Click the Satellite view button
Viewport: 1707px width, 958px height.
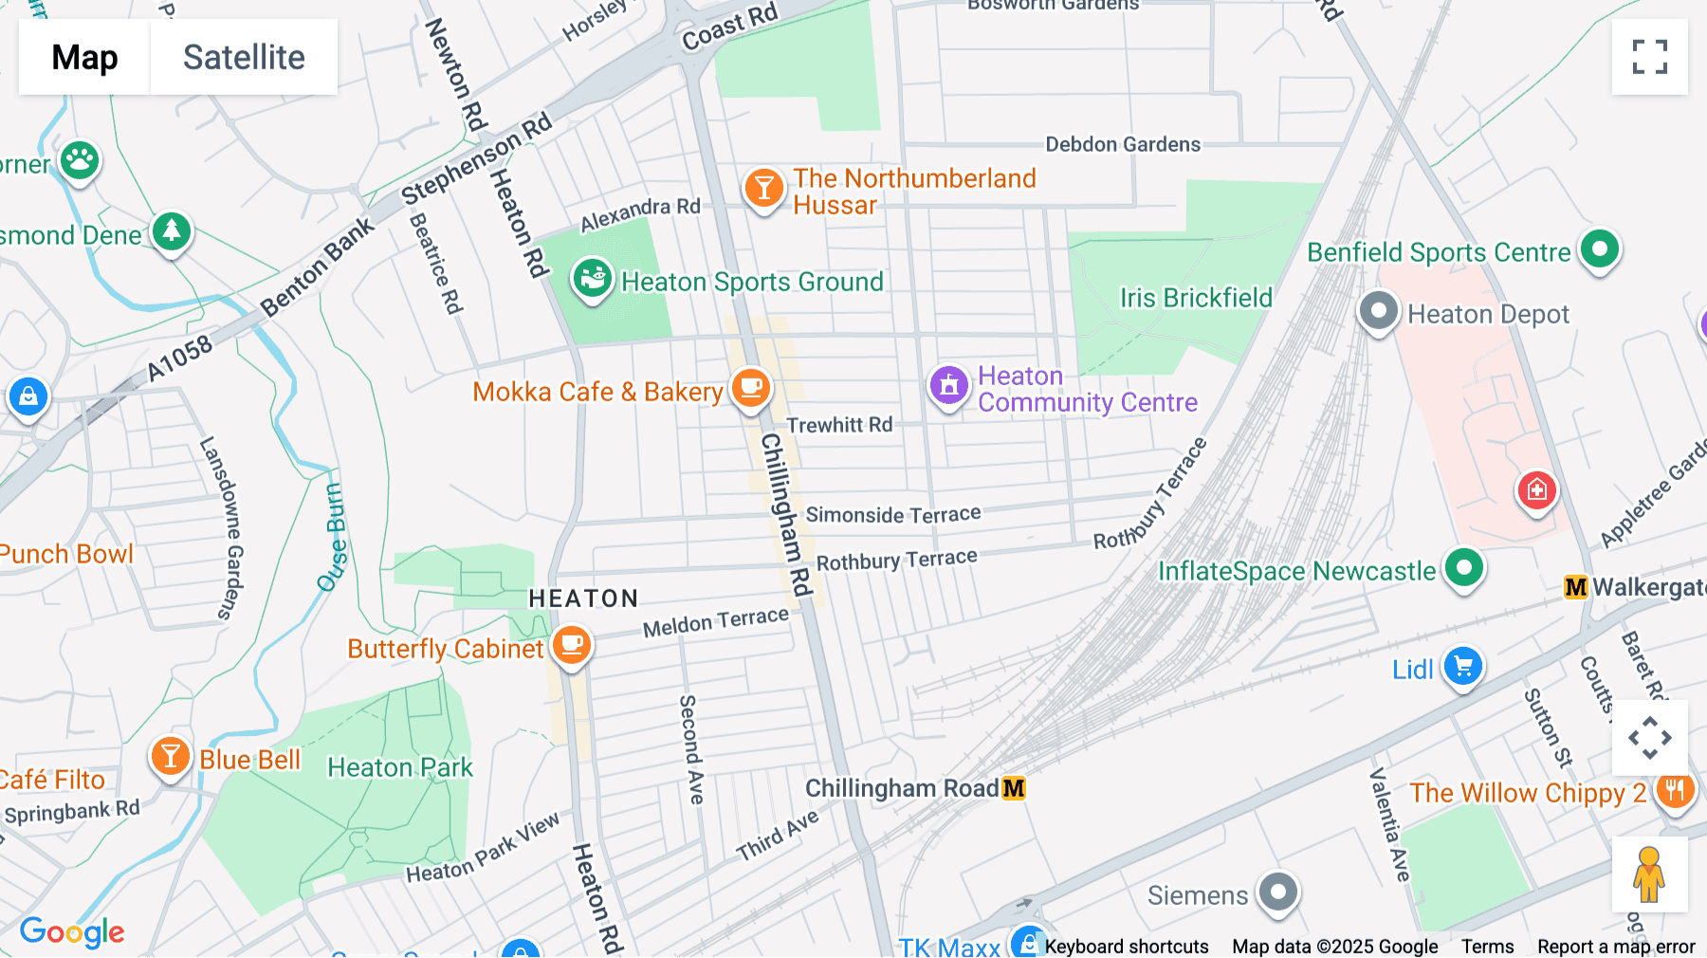coord(244,57)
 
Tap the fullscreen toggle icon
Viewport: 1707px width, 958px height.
coord(1649,57)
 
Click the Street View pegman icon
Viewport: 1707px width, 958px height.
coord(1649,875)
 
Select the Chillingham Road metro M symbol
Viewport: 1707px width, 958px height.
coord(1014,788)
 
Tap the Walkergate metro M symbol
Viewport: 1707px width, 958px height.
coord(1575,587)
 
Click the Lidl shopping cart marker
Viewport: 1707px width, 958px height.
coord(1462,666)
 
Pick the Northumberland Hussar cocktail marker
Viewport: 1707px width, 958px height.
coord(763,188)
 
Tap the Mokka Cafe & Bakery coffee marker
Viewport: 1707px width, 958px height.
coord(751,387)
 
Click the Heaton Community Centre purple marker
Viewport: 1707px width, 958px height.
coord(948,386)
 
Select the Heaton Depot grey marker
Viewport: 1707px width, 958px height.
coord(1378,311)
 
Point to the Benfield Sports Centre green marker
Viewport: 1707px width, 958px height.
coord(1600,250)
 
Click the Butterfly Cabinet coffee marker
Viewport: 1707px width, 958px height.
coord(571,645)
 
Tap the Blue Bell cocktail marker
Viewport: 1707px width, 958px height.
coord(171,757)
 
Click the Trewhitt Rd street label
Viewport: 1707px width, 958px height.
coord(839,425)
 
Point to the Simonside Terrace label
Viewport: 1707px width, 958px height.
coord(892,515)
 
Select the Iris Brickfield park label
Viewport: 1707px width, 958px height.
coord(1196,298)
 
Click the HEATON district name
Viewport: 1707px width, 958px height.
coord(583,599)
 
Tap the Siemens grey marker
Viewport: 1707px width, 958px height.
coord(1277,893)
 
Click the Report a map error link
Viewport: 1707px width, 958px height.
coord(1615,947)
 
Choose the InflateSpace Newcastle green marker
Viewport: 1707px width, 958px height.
coord(1463,569)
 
